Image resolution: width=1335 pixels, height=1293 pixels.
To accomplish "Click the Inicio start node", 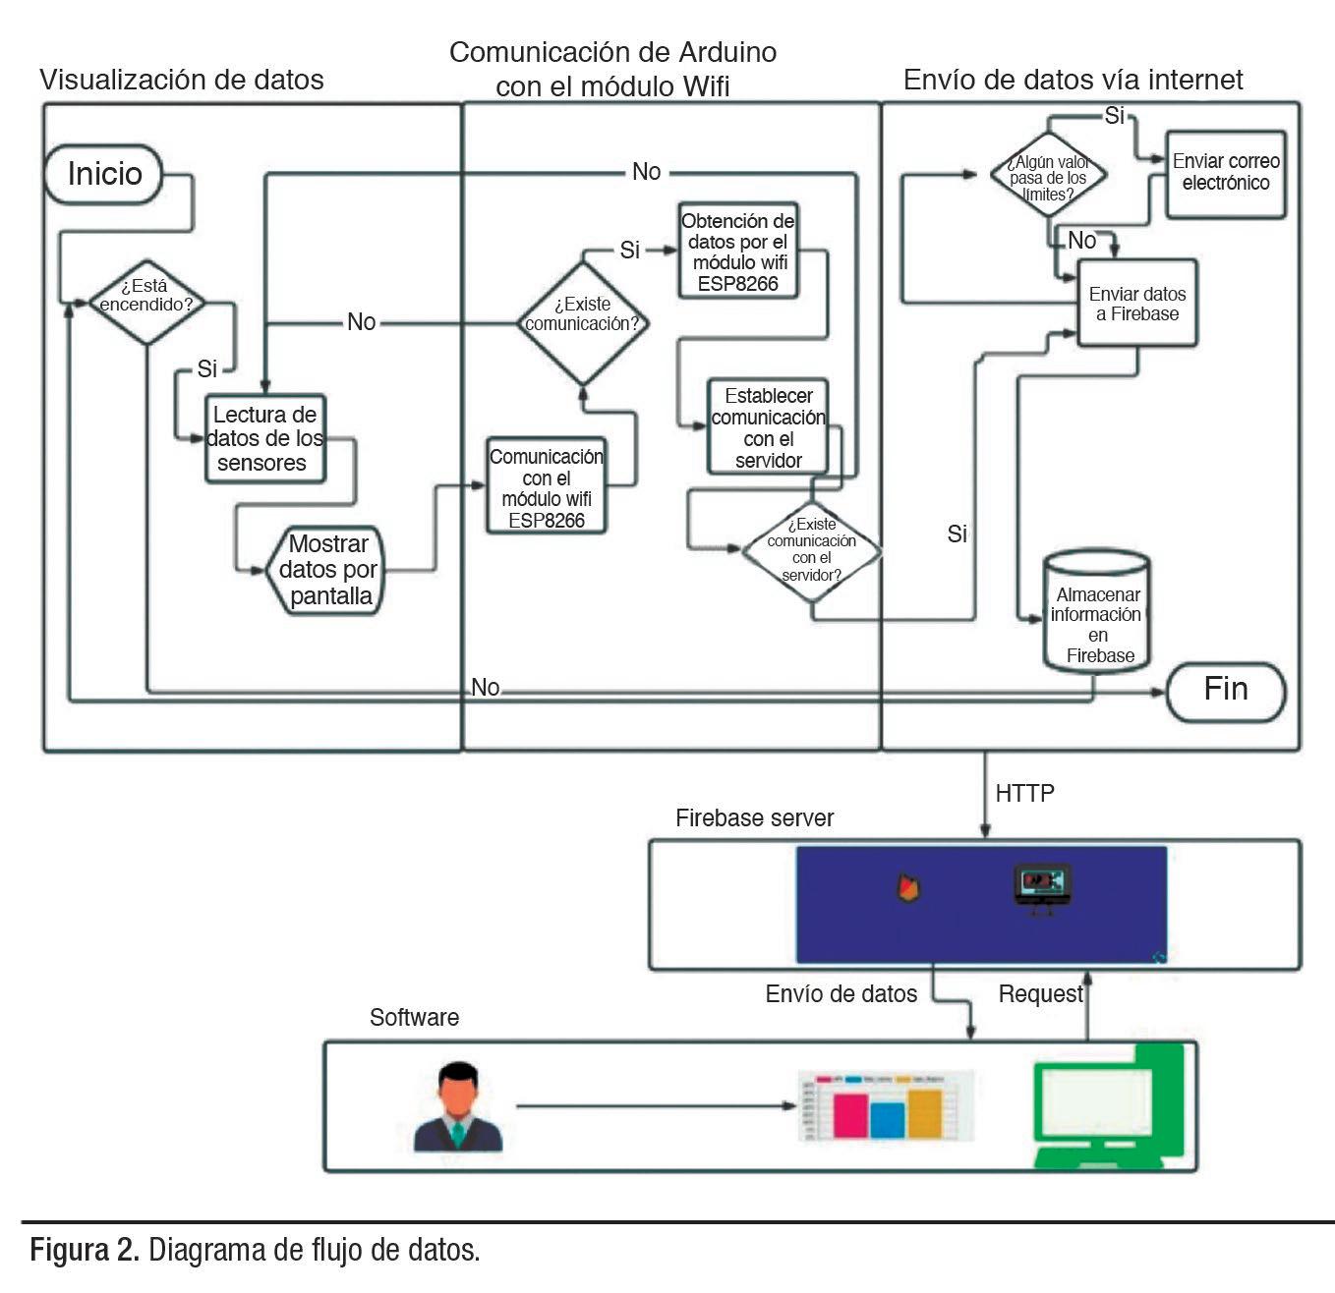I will pyautogui.click(x=104, y=175).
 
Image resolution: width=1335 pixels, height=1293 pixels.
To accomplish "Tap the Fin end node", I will pyautogui.click(x=1225, y=690).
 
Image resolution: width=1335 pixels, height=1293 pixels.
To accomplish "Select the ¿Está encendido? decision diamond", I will pyautogui.click(x=145, y=295).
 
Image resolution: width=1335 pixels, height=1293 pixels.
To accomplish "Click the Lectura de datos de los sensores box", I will pyautogui.click(x=264, y=438).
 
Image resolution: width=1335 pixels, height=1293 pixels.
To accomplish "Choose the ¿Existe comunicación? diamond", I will pyautogui.click(x=583, y=322).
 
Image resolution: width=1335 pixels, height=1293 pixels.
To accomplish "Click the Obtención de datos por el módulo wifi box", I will pyautogui.click(x=737, y=252).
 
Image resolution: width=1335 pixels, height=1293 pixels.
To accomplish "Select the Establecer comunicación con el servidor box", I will pyautogui.click(x=768, y=427).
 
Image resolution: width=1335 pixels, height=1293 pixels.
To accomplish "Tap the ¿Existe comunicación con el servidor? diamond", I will pyautogui.click(x=811, y=549).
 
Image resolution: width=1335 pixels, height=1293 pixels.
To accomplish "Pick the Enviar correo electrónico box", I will pyautogui.click(x=1226, y=173).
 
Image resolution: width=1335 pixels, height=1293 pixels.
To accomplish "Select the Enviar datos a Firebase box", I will pyautogui.click(x=1137, y=304).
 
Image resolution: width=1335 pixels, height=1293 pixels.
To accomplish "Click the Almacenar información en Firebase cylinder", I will pyautogui.click(x=1097, y=614).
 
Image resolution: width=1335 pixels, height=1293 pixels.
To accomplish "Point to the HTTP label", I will pyautogui.click(x=1025, y=793).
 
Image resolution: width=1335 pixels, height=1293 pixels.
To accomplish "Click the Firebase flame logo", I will pyautogui.click(x=908, y=887).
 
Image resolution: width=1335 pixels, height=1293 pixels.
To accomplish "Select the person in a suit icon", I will pyautogui.click(x=458, y=1106).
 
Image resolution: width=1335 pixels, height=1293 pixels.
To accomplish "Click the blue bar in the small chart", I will pyautogui.click(x=887, y=1119).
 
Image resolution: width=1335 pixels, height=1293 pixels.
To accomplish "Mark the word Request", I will pyautogui.click(x=1040, y=994).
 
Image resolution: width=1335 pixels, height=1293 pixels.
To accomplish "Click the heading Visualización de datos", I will pyautogui.click(x=182, y=80).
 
